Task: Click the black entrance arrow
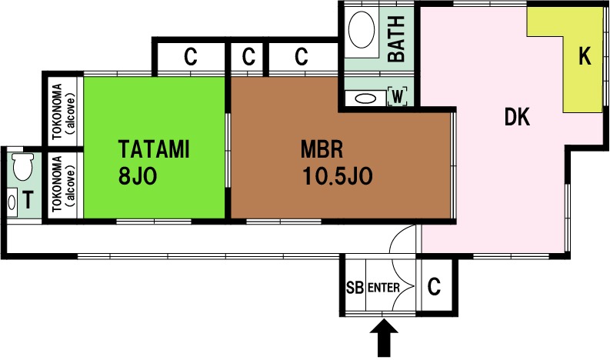pos(384,338)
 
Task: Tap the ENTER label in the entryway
pos(384,288)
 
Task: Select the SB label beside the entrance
pos(355,288)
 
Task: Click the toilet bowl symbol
pos(23,167)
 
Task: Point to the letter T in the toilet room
pos(28,200)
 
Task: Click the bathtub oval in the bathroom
pos(362,30)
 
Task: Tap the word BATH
pos(397,39)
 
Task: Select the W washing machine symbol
pos(397,96)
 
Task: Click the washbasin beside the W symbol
pos(365,98)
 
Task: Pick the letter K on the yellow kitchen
pos(585,56)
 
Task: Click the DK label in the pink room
pos(517,116)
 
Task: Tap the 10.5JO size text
pos(337,176)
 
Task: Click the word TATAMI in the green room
pos(154,149)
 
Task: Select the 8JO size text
pos(138,176)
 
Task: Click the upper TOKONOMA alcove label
pos(62,112)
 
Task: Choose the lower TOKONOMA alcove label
pos(62,184)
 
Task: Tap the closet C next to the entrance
pos(434,287)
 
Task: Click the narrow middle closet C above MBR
pos(248,57)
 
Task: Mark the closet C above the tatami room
pos(190,57)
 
